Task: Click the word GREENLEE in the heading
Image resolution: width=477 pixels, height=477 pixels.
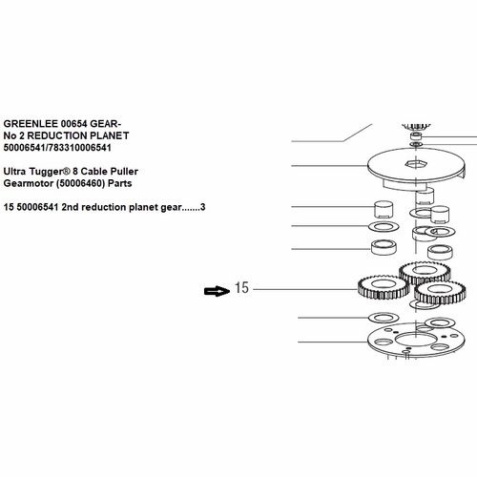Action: [31, 123]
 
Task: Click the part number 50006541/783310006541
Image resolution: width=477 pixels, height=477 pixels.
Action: [57, 148]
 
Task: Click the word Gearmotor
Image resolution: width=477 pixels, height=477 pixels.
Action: [29, 183]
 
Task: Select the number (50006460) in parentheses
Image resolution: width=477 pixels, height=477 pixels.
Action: [81, 183]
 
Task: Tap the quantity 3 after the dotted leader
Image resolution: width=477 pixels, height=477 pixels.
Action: [202, 207]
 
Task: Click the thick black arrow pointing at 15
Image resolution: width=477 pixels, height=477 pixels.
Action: [217, 291]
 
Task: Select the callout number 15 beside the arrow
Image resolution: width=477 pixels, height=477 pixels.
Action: [241, 288]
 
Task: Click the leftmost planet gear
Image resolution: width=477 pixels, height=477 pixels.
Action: [384, 287]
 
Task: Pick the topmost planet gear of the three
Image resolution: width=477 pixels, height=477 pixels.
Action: [425, 273]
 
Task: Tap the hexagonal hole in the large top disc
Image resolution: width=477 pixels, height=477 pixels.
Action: [415, 164]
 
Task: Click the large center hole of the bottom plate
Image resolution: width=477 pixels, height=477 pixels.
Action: [415, 340]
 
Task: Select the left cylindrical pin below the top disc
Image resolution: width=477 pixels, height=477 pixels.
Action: [384, 209]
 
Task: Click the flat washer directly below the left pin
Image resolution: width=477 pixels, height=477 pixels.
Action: [384, 226]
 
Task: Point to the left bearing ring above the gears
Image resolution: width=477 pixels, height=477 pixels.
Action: [384, 247]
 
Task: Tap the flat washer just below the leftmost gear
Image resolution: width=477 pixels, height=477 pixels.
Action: [384, 318]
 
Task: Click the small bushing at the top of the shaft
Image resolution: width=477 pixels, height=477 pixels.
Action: [416, 136]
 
